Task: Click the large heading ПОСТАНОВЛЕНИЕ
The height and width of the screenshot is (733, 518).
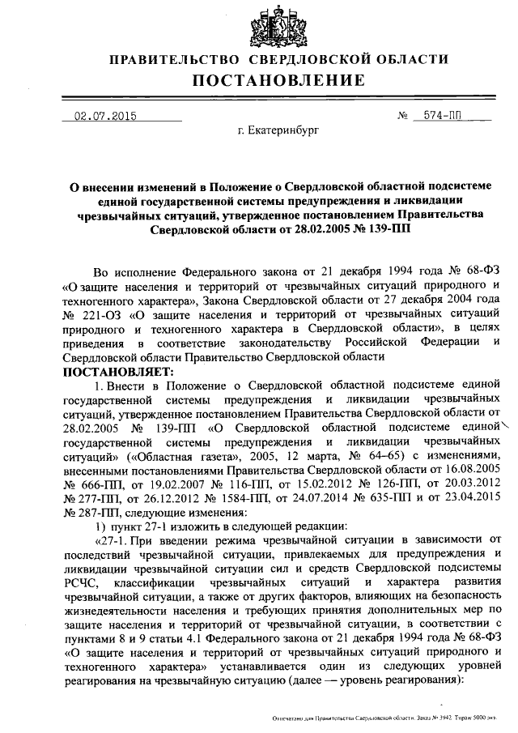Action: coord(278,80)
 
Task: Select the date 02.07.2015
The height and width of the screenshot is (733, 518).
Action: coord(104,116)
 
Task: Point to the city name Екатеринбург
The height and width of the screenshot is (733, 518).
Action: coord(278,130)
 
